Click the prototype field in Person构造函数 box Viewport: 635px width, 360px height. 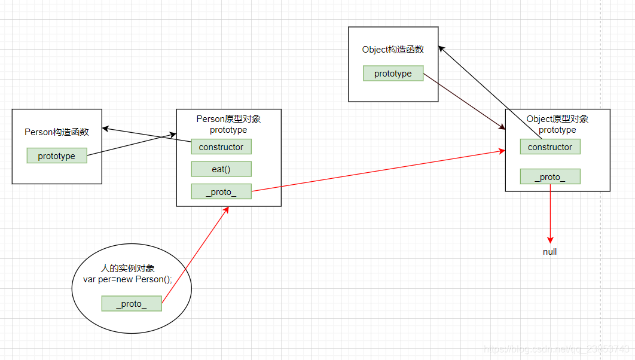(x=57, y=155)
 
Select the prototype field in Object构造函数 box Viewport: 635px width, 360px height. (x=393, y=74)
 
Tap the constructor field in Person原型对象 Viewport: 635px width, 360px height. (x=221, y=147)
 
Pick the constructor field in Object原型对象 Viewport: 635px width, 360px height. (x=550, y=147)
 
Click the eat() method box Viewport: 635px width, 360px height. (x=221, y=169)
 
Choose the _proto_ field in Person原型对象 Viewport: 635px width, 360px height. (x=221, y=191)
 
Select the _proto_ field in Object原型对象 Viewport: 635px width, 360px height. (x=550, y=176)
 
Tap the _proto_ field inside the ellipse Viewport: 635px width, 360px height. (x=132, y=303)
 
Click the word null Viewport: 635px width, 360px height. (x=550, y=252)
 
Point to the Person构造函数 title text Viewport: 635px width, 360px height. (x=57, y=132)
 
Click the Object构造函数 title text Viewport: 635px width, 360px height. (x=393, y=50)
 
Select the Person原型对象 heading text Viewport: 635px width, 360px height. (x=228, y=119)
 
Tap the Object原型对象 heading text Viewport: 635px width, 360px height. (x=557, y=119)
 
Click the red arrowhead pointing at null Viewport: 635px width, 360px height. (x=550, y=237)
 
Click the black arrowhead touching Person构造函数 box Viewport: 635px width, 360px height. (x=106, y=128)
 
